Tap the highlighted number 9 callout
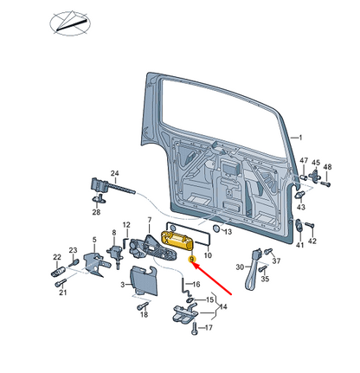click(191, 260)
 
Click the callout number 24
click(115, 173)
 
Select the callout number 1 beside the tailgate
click(300, 138)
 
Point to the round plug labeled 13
click(216, 228)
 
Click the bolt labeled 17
click(194, 329)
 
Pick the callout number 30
click(240, 267)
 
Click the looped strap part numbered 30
click(253, 269)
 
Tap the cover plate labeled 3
click(144, 280)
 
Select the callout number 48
click(327, 167)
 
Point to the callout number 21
click(63, 293)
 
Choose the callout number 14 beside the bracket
click(223, 306)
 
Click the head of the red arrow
click(196, 265)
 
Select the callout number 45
click(316, 163)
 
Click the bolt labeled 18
click(143, 305)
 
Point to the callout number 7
click(149, 220)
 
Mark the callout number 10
click(208, 255)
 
